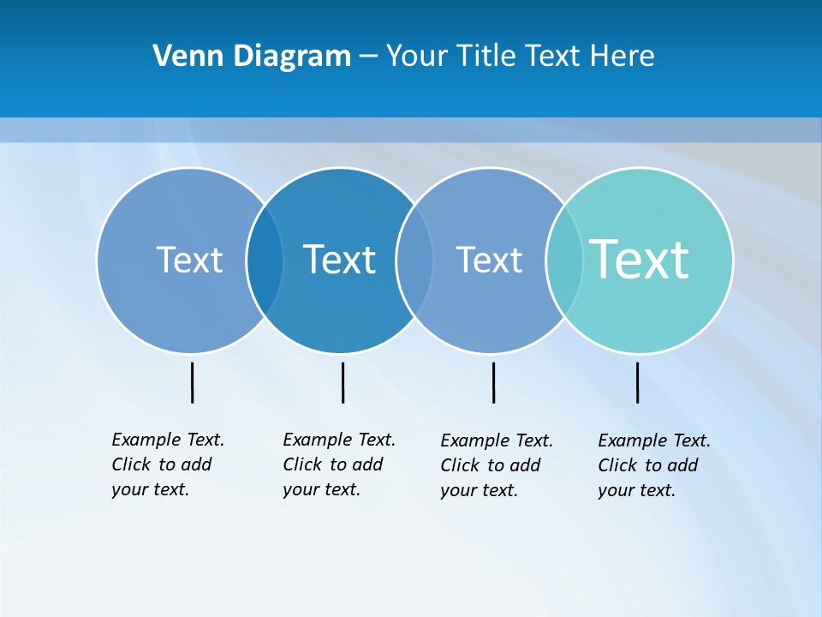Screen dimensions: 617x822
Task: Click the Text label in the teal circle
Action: point(640,259)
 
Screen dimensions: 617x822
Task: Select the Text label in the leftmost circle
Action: point(189,260)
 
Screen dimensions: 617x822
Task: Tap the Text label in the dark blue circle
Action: point(340,260)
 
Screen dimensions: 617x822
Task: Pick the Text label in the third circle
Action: point(489,260)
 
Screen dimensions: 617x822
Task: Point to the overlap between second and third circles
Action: point(414,260)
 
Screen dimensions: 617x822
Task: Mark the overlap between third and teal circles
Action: point(564,260)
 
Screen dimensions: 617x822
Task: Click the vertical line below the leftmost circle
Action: point(192,382)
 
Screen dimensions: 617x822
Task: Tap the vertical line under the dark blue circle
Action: point(342,382)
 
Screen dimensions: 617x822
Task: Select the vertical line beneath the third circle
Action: point(493,382)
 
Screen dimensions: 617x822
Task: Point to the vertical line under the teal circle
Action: point(637,382)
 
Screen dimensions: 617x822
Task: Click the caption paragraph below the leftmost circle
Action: point(167,464)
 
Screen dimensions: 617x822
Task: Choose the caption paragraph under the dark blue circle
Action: point(338,464)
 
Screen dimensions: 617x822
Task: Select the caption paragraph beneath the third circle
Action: point(496,465)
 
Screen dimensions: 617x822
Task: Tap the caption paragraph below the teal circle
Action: point(653,465)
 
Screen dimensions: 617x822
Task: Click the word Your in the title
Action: point(417,57)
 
